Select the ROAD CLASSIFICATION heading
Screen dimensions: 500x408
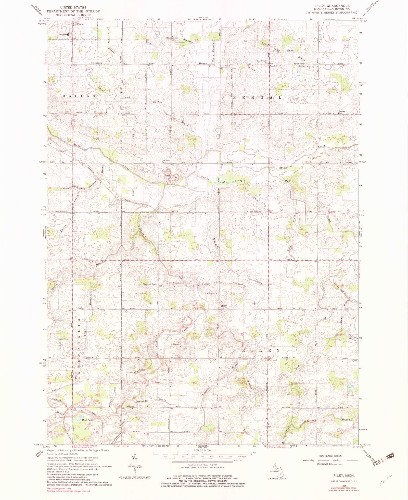(x=330, y=456)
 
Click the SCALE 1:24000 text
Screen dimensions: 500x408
(x=201, y=451)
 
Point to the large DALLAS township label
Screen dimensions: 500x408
(x=79, y=96)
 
